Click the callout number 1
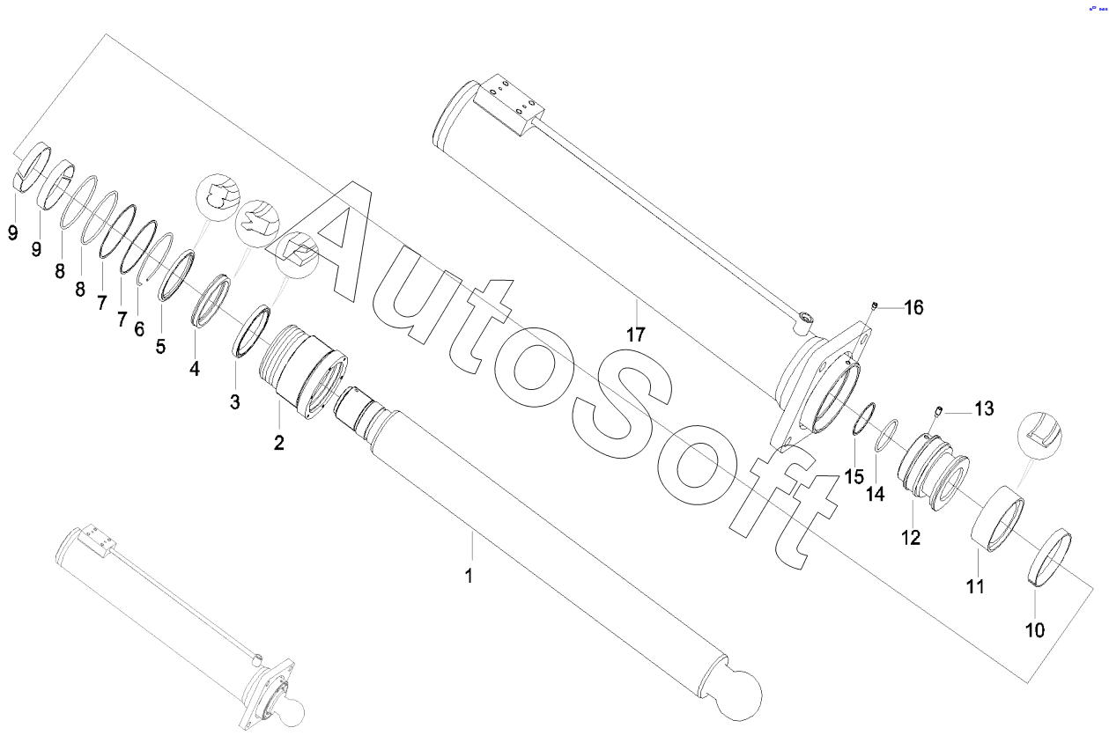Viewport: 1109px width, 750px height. [x=469, y=577]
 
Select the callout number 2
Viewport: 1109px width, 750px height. [x=278, y=443]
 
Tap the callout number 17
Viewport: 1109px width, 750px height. [x=636, y=335]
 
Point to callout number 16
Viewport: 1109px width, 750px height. [x=913, y=307]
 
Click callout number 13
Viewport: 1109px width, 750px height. [x=983, y=408]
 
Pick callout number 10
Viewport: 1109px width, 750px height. [x=1034, y=630]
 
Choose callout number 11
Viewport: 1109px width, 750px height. [x=974, y=586]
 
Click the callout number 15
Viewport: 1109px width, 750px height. [x=854, y=476]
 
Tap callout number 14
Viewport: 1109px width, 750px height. [x=874, y=494]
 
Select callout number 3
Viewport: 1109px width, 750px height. [x=234, y=402]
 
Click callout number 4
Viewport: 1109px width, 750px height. [x=195, y=369]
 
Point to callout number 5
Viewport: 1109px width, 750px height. [x=160, y=347]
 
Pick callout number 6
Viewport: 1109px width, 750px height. [x=138, y=328]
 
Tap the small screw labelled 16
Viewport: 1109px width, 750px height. [x=875, y=305]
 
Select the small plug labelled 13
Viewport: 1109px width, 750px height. [x=940, y=410]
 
